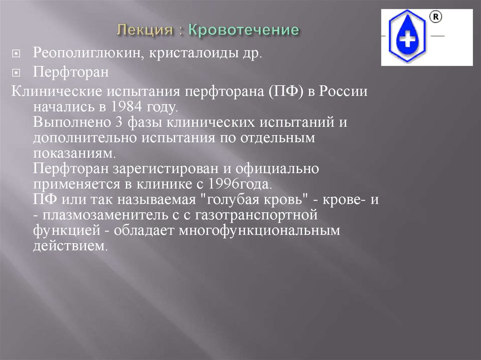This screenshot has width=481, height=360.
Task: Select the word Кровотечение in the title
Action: coord(244,31)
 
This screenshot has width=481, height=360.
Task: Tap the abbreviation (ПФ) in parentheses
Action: coord(287,91)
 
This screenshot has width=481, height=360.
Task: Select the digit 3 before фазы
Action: coord(117,122)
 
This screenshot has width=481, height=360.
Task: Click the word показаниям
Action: coord(73,153)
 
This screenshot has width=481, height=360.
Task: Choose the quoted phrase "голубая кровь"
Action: coord(252,199)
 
